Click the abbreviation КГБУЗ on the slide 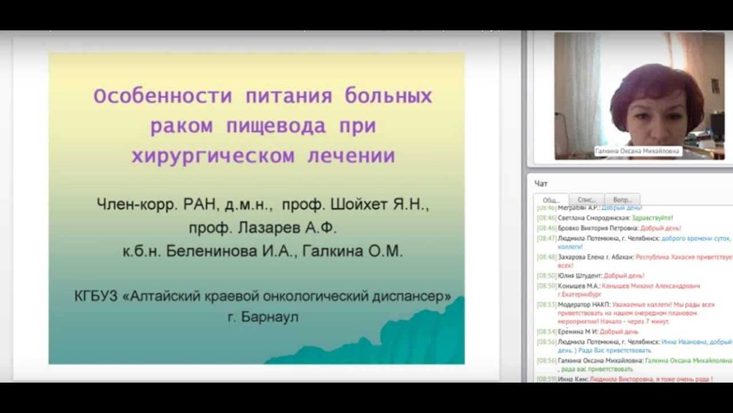click(x=96, y=296)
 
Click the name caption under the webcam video click(x=637, y=151)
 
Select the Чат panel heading click(x=541, y=184)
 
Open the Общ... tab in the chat click(x=551, y=199)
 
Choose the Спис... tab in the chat click(x=586, y=199)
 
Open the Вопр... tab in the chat click(x=622, y=199)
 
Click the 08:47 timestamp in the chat click(x=546, y=237)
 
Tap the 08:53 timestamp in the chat click(x=546, y=305)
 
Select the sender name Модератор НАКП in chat click(x=584, y=305)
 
